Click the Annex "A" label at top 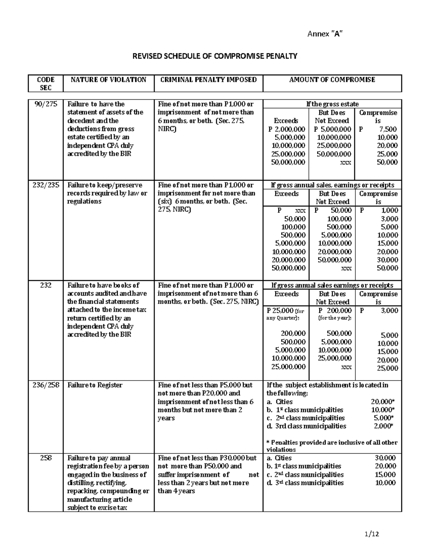[325, 34]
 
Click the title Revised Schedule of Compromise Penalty [215, 56]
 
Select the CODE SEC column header [46, 83]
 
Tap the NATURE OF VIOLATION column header [108, 80]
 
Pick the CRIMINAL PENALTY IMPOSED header [209, 80]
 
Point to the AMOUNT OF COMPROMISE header [332, 80]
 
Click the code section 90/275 [46, 104]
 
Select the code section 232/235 [46, 185]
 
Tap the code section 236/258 [46, 385]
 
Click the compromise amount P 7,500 [378, 129]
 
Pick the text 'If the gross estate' [332, 104]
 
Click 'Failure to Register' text [95, 385]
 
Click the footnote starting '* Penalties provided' [332, 446]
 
